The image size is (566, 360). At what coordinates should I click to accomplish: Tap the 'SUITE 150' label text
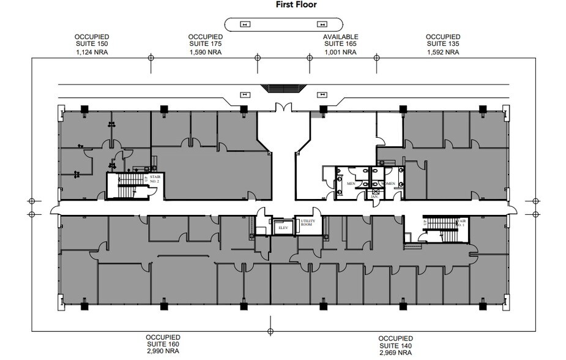tap(92, 45)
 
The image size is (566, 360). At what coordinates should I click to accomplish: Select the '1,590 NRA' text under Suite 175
tap(205, 53)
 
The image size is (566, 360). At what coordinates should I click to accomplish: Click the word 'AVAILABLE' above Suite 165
tap(340, 37)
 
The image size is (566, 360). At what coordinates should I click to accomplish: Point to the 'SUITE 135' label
tap(443, 45)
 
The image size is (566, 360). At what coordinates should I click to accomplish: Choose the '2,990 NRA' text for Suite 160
tap(163, 351)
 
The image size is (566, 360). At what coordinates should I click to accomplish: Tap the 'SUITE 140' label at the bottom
tap(395, 345)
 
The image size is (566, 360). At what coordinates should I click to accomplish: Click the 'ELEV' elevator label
tap(283, 228)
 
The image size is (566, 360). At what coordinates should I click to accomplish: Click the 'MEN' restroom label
tap(351, 183)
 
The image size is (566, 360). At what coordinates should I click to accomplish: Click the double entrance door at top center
tap(283, 108)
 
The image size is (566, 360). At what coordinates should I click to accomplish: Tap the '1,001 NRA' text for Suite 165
tap(340, 53)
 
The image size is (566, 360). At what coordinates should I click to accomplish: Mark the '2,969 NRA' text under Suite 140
tap(395, 353)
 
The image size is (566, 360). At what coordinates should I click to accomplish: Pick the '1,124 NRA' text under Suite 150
tap(92, 53)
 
